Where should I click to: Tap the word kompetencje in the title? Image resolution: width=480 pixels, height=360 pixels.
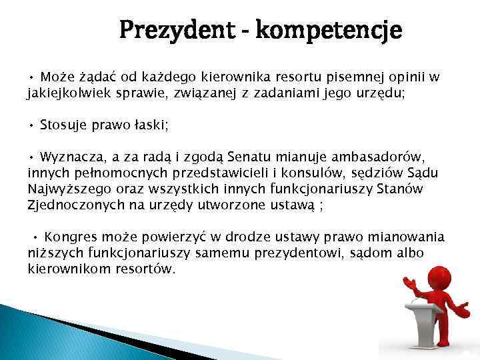click(329, 30)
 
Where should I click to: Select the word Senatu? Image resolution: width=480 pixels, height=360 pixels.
click(250, 157)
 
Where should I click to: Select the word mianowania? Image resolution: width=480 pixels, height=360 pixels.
click(405, 237)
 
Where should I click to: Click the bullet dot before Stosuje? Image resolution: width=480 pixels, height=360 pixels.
click(31, 125)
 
